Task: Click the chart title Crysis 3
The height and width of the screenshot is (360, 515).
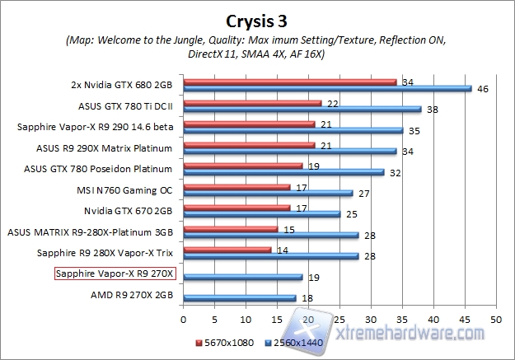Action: click(257, 19)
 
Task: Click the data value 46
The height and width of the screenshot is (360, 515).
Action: click(483, 88)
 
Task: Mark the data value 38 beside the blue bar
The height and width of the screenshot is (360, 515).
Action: click(433, 109)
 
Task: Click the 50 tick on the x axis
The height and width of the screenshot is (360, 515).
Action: click(496, 318)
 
